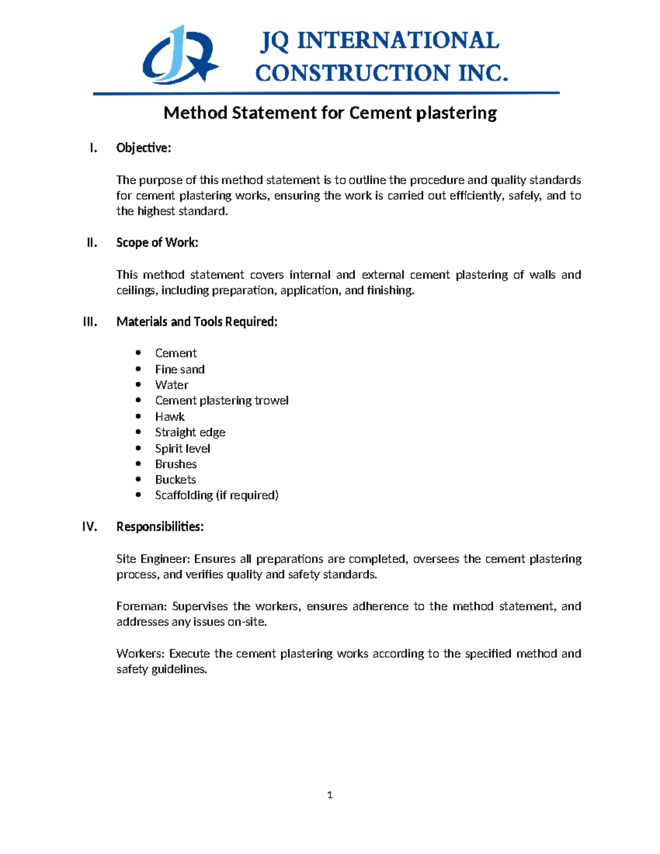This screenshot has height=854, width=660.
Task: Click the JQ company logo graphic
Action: [x=180, y=55]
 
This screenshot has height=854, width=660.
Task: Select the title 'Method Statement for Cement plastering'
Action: [x=330, y=113]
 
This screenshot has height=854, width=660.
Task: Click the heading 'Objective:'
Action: [x=144, y=148]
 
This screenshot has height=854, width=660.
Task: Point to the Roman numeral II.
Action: [x=92, y=243]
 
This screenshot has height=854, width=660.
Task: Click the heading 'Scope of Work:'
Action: [x=157, y=243]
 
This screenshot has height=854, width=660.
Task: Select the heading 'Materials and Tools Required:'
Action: [x=197, y=322]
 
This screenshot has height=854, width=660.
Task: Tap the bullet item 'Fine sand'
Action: [x=180, y=370]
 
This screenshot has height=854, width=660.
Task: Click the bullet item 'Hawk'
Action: [x=169, y=417]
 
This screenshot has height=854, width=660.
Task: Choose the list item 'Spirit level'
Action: [x=183, y=449]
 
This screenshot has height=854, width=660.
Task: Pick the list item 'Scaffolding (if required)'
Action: [x=217, y=495]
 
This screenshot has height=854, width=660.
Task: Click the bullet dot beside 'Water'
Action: [x=138, y=384]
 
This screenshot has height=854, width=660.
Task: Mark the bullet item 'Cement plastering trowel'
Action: [x=222, y=401]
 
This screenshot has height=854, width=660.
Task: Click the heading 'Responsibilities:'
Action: [x=160, y=527]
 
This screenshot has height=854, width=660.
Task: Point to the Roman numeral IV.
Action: [x=90, y=527]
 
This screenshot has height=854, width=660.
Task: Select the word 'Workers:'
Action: [x=141, y=654]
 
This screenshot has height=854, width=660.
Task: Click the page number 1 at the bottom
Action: [x=329, y=795]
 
